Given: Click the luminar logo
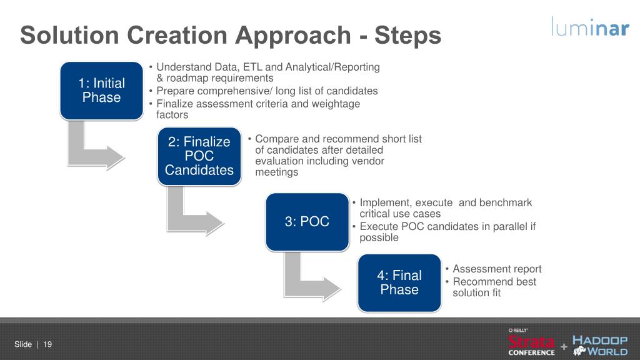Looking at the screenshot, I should pos(590,27).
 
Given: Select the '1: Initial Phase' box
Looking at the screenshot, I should pos(101,91).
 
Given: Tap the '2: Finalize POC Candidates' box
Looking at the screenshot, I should pos(199,156).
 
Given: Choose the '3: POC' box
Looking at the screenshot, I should pos(307,222).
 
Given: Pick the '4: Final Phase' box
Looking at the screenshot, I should pos(399,282).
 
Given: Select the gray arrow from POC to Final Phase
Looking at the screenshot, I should pos(306,275).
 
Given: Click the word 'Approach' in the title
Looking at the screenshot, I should pos(294,36).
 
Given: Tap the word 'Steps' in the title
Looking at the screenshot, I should pos(408,36).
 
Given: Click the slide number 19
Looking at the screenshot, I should pos(47,344).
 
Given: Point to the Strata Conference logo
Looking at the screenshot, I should pos(531,342).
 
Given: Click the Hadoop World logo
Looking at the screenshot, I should pos(601,344).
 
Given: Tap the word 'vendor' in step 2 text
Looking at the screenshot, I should pos(368,161).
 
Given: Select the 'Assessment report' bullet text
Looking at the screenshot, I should pos(497,269).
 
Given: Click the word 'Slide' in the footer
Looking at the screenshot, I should pos(23,344).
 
